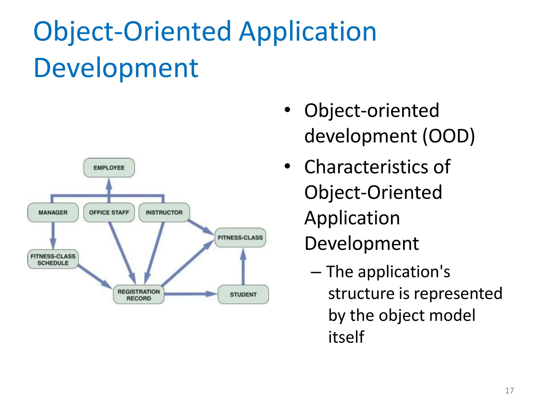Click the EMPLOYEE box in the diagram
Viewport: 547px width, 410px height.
(109, 168)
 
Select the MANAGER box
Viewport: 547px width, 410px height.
(53, 212)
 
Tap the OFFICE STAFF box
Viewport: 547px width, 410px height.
(109, 212)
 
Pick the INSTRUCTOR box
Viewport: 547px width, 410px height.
(164, 212)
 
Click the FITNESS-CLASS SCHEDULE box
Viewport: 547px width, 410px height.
(53, 259)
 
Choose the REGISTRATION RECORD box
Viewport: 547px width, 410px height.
(139, 295)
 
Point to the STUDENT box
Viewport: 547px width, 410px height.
(243, 294)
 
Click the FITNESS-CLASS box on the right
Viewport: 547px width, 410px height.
(240, 237)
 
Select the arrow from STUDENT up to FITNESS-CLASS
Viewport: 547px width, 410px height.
(243, 267)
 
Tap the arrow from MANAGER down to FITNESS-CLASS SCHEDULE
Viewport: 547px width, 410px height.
(53, 235)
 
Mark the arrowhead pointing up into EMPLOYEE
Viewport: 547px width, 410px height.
(109, 184)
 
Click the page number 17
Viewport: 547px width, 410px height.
(509, 391)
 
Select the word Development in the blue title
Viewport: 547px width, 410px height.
(116, 68)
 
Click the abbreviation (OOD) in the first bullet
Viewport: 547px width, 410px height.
(448, 136)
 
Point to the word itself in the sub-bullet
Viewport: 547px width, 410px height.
(346, 337)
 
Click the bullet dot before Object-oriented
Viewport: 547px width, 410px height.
(287, 110)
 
